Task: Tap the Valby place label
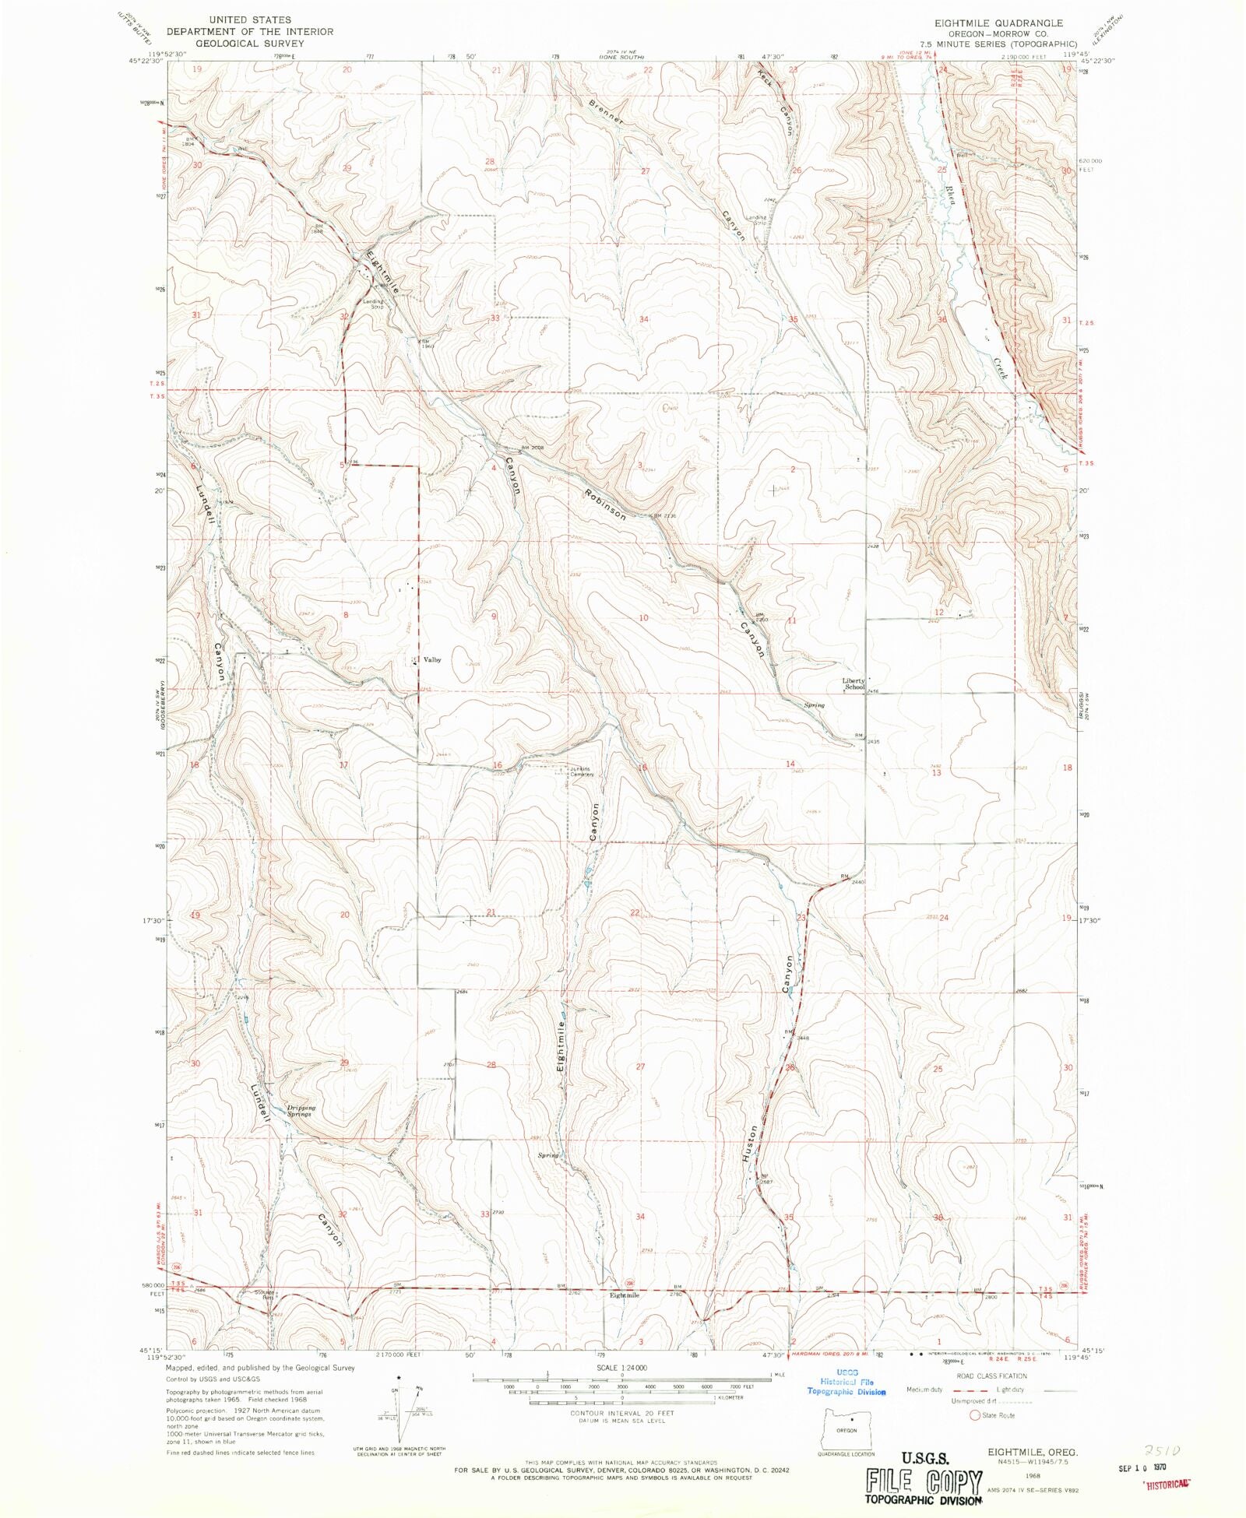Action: pyautogui.click(x=431, y=659)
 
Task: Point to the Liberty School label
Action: pyautogui.click(x=854, y=683)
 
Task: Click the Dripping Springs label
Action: pyautogui.click(x=300, y=1111)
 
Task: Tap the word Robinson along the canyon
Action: pyautogui.click(x=605, y=504)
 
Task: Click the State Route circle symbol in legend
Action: pyautogui.click(x=974, y=1415)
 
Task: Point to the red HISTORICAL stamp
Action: pyautogui.click(x=1167, y=1484)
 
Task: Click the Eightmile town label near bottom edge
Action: pyautogui.click(x=625, y=1295)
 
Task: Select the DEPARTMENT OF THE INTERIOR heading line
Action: pyautogui.click(x=249, y=32)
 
